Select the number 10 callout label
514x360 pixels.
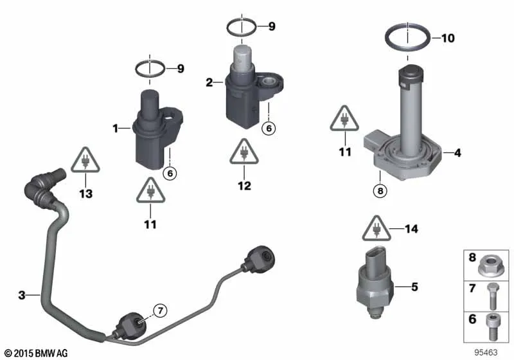pyautogui.click(x=448, y=39)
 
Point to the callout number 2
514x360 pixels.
pyautogui.click(x=209, y=82)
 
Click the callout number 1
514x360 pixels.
pyautogui.click(x=116, y=128)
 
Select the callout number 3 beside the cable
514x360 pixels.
pyautogui.click(x=22, y=295)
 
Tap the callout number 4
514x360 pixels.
pyautogui.click(x=457, y=153)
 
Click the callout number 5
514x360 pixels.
pyautogui.click(x=414, y=287)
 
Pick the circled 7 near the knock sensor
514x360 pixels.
pyautogui.click(x=160, y=310)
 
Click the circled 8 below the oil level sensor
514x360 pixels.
pyautogui.click(x=380, y=190)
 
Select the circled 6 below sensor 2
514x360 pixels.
pyautogui.click(x=269, y=128)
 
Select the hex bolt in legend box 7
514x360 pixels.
pyautogui.click(x=493, y=296)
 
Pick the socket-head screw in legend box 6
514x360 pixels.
pyautogui.click(x=493, y=327)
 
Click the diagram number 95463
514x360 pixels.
pyautogui.click(x=486, y=352)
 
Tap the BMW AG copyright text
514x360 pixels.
pyautogui.click(x=36, y=353)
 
